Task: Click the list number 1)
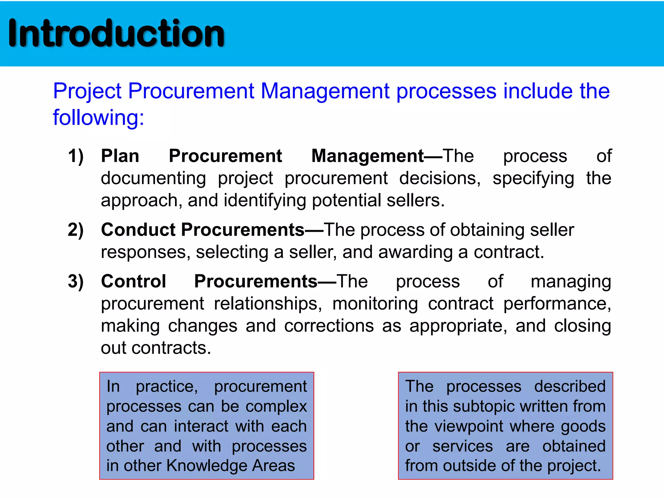(x=76, y=156)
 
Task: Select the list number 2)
(x=76, y=230)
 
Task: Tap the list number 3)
(x=76, y=281)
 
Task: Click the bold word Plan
(x=120, y=156)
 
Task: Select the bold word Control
(x=134, y=281)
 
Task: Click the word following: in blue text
(x=99, y=117)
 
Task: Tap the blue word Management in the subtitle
(x=325, y=91)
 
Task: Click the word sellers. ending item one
(x=416, y=200)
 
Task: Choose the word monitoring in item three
(x=375, y=304)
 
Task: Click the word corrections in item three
(x=329, y=326)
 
